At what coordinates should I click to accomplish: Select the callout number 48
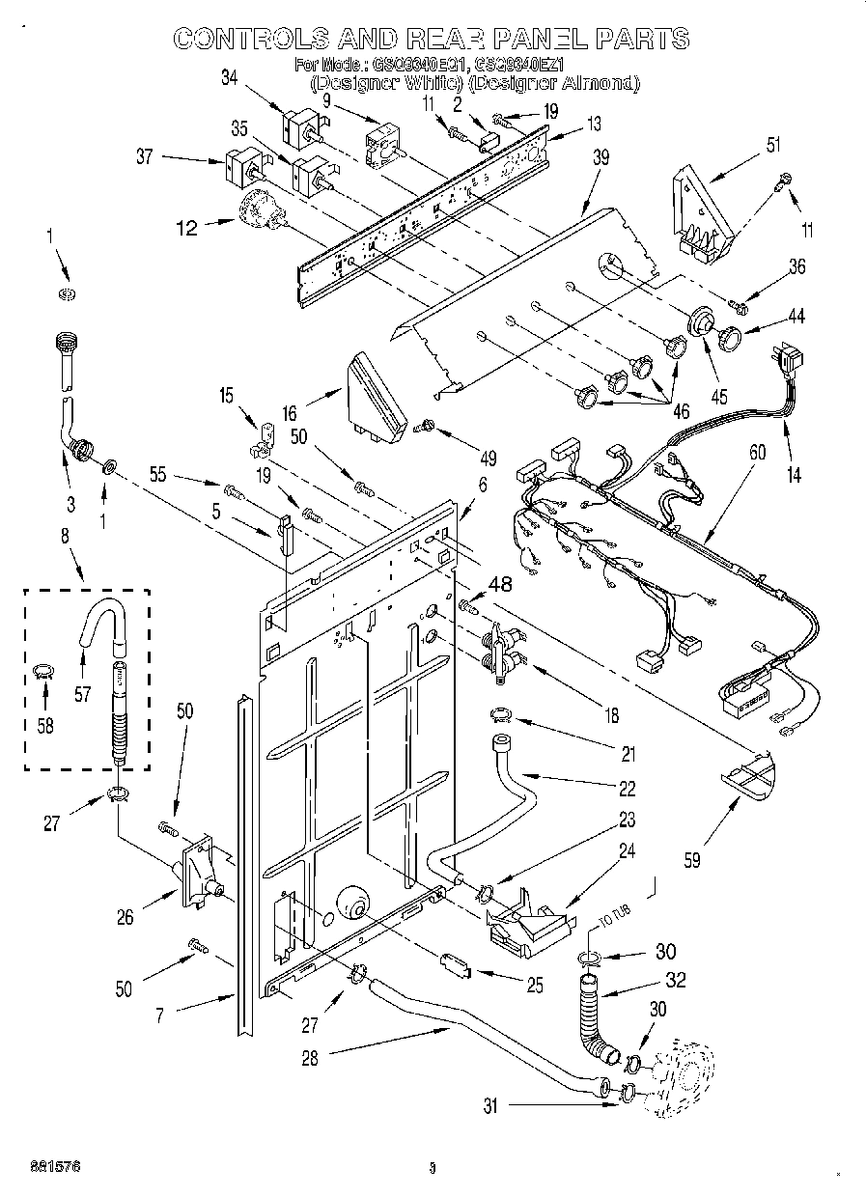click(x=501, y=582)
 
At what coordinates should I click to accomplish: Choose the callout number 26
click(x=126, y=917)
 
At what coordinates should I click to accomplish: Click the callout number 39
click(x=600, y=159)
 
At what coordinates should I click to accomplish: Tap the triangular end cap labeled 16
click(x=375, y=398)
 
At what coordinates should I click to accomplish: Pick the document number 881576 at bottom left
click(x=54, y=1167)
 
